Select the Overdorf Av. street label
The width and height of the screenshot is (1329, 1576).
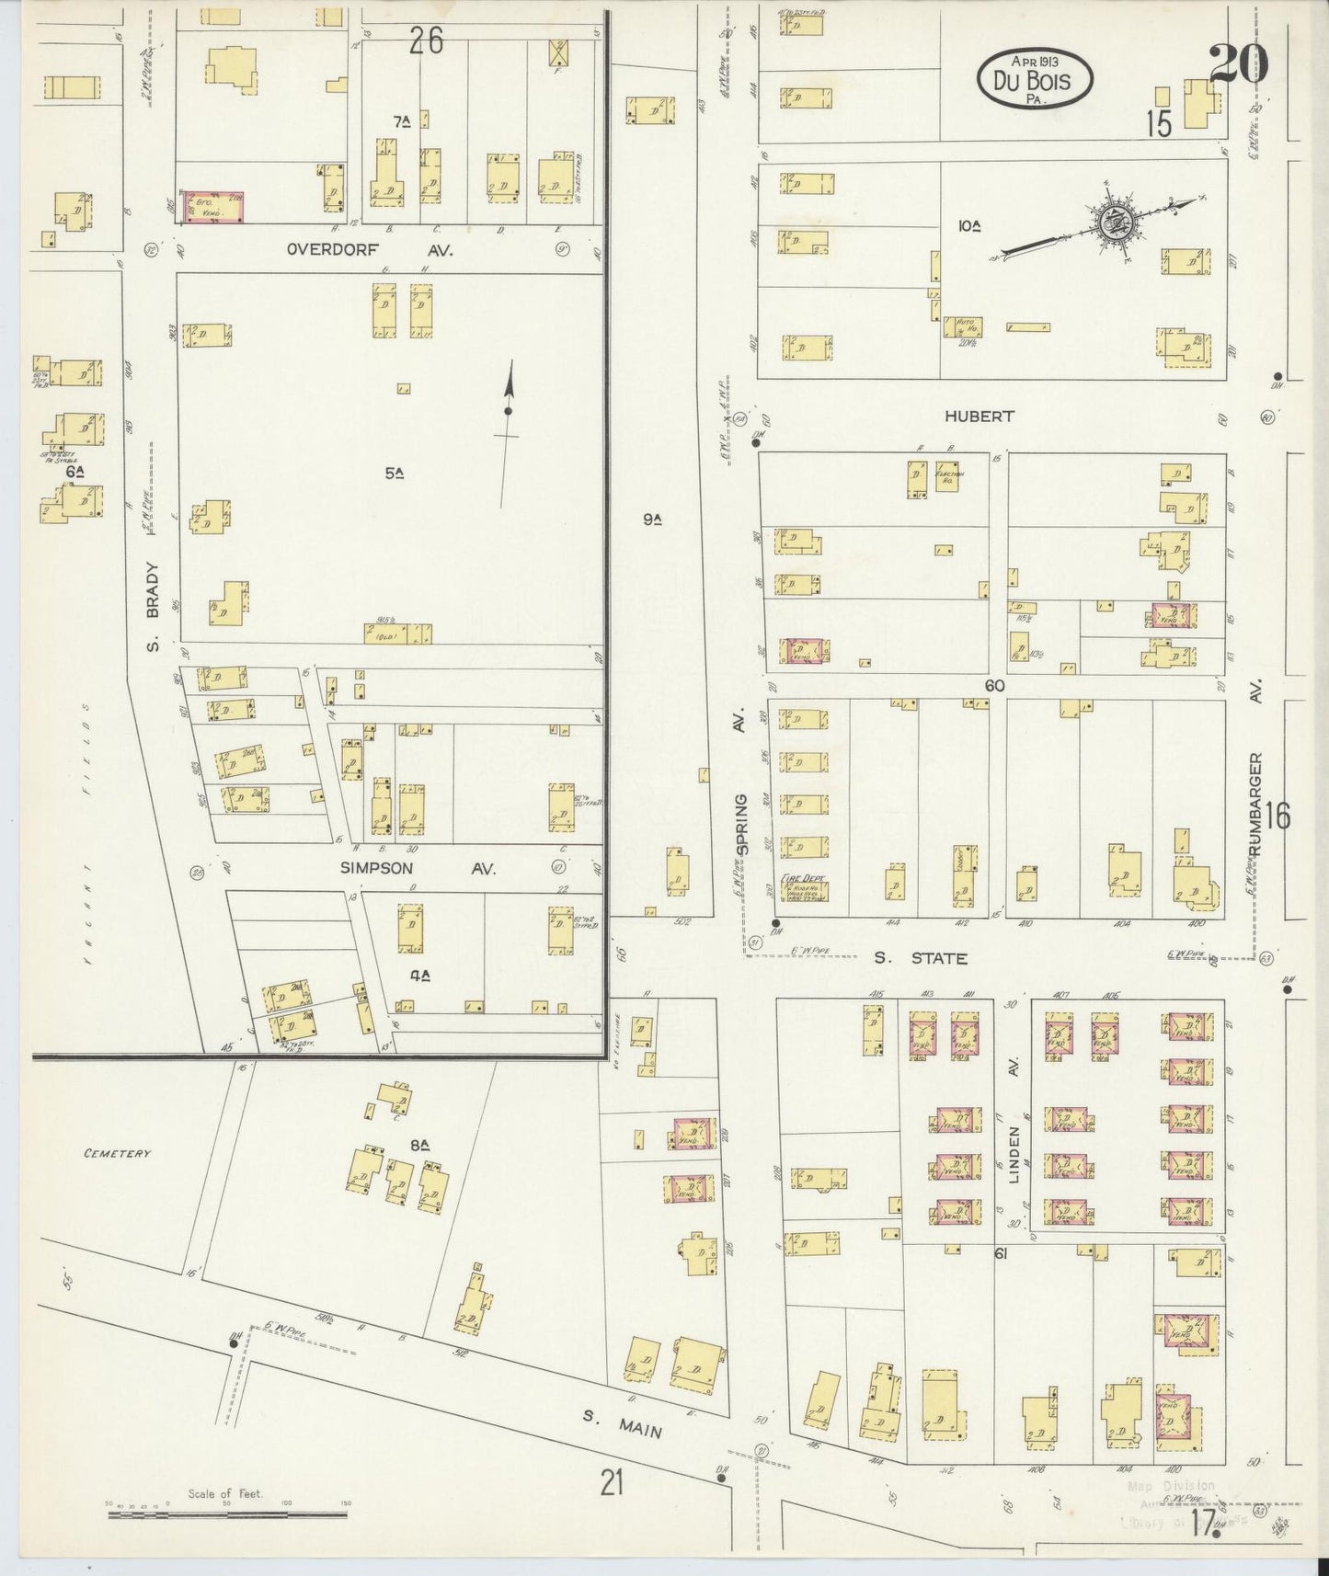click(369, 249)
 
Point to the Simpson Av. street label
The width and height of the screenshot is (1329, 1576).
click(418, 868)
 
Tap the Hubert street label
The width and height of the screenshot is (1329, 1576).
click(979, 417)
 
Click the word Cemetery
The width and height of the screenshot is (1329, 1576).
click(116, 1153)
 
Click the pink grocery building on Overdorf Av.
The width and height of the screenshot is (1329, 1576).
click(215, 208)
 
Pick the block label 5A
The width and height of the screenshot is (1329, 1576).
click(395, 474)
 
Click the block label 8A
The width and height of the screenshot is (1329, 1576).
click(420, 1145)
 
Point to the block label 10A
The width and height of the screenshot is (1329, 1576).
click(968, 224)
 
